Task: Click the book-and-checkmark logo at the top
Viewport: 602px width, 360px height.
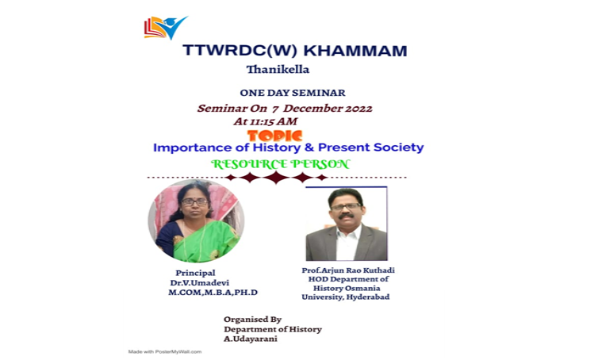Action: click(x=166, y=28)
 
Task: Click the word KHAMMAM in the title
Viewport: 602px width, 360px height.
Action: click(x=355, y=51)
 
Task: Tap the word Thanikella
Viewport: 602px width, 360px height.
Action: click(x=278, y=70)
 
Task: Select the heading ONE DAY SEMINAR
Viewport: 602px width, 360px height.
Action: click(x=293, y=93)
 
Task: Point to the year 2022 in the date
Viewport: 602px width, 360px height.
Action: click(x=359, y=108)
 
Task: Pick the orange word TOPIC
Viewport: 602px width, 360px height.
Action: click(x=275, y=136)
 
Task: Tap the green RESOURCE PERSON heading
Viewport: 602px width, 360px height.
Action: click(x=281, y=164)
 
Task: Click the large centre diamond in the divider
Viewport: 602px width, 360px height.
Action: click(x=277, y=178)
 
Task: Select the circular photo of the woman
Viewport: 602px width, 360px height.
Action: click(x=196, y=220)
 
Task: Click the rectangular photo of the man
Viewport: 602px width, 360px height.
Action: click(x=347, y=224)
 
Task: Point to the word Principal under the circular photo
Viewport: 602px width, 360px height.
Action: click(x=195, y=273)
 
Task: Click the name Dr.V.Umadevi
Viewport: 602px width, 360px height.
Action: click(x=200, y=283)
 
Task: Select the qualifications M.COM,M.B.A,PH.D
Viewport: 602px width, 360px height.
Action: click(x=213, y=293)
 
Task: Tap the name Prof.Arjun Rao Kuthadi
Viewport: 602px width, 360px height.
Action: click(x=348, y=270)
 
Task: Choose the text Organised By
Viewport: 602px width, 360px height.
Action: click(x=253, y=320)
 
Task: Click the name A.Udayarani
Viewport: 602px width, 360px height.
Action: click(x=251, y=339)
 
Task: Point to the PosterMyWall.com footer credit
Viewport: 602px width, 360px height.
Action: click(x=165, y=351)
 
